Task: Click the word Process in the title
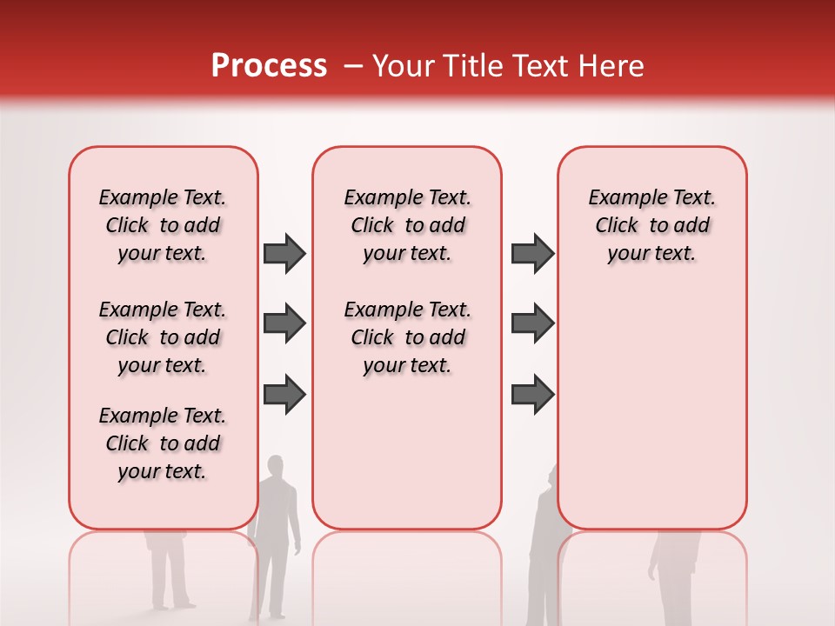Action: pyautogui.click(x=269, y=66)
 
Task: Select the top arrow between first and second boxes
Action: pyautogui.click(x=284, y=253)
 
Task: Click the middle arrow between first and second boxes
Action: pyautogui.click(x=284, y=323)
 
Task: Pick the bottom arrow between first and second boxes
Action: pyautogui.click(x=284, y=394)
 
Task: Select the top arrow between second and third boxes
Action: pyautogui.click(x=532, y=253)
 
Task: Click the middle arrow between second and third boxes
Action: pyautogui.click(x=532, y=323)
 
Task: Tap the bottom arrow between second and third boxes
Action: pyautogui.click(x=532, y=394)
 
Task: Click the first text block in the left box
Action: pyautogui.click(x=163, y=225)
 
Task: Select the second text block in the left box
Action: pyautogui.click(x=163, y=337)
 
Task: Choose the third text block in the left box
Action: pyautogui.click(x=163, y=443)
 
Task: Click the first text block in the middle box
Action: pyautogui.click(x=407, y=225)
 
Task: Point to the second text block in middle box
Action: pyautogui.click(x=407, y=337)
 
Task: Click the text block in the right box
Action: pyautogui.click(x=652, y=225)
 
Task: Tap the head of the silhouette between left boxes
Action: pyautogui.click(x=276, y=467)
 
